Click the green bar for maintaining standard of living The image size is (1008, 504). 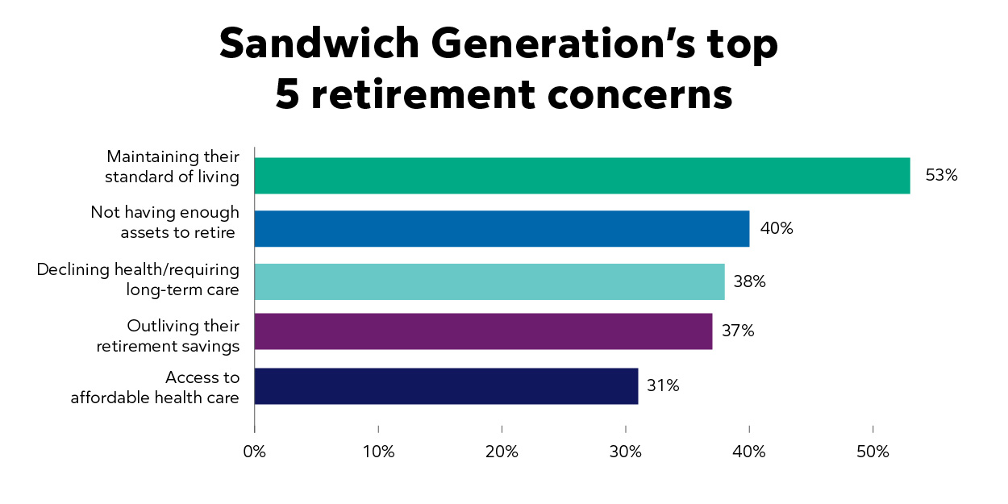[581, 176]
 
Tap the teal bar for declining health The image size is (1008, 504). [489, 281]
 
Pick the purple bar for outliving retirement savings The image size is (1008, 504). [483, 331]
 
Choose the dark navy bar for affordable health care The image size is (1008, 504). [446, 386]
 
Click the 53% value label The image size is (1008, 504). [941, 175]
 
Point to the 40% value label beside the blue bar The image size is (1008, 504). [777, 229]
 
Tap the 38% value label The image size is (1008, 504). [749, 282]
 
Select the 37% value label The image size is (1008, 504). [738, 331]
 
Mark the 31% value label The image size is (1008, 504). [663, 386]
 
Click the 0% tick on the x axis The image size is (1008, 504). [254, 452]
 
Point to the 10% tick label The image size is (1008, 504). [378, 452]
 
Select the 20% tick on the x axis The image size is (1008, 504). [502, 452]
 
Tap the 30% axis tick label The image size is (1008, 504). [626, 452]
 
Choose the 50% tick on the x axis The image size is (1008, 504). [873, 452]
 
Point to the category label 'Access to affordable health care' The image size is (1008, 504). [155, 387]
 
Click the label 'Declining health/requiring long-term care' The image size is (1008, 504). [138, 279]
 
